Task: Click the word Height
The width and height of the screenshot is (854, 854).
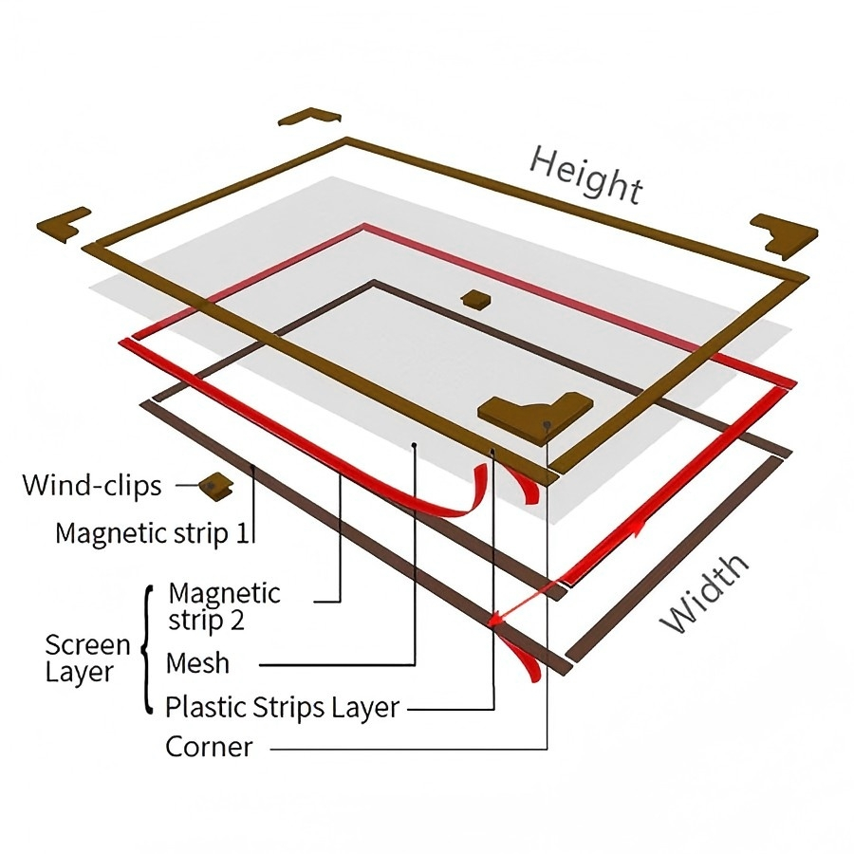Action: pos(586,176)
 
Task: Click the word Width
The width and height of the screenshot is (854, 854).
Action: pos(704,594)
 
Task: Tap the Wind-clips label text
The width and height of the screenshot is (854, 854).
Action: pos(92,485)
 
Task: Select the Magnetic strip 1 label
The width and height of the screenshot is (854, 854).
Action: pos(152,532)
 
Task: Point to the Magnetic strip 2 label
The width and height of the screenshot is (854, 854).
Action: pos(224,606)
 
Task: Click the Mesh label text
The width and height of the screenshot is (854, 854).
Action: pos(197,663)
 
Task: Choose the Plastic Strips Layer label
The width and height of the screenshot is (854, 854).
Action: pos(282,708)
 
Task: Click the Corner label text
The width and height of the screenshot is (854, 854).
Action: pos(209,747)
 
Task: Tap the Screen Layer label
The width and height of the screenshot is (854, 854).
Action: pos(87,658)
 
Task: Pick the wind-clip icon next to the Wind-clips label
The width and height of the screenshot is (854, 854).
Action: pos(215,485)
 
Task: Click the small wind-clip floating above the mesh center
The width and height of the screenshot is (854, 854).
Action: pos(475,299)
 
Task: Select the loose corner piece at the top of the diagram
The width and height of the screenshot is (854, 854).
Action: pos(309,117)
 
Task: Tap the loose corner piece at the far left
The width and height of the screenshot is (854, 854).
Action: pos(64,224)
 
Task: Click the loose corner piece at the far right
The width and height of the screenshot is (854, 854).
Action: pos(785,235)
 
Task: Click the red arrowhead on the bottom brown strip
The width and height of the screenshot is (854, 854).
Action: pos(495,619)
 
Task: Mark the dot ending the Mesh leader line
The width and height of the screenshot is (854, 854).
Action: pos(415,445)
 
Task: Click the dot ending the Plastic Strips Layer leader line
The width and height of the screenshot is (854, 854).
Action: pos(492,451)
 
